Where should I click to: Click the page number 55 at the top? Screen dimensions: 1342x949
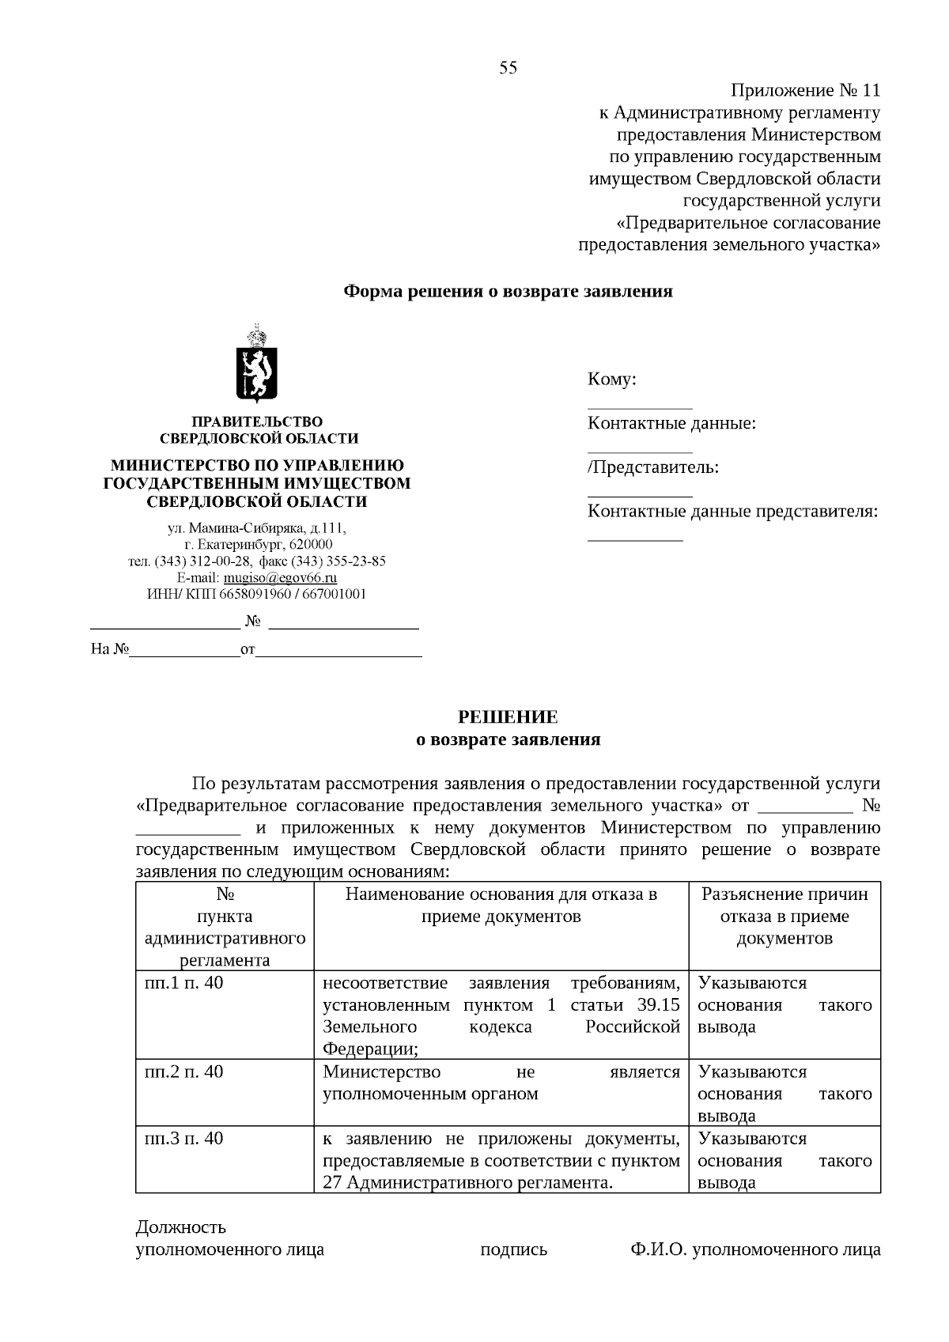508,68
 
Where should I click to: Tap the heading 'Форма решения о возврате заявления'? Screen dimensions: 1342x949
508,292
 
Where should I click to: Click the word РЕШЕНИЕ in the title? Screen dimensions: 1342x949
509,717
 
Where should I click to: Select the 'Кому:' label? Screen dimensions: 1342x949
612,380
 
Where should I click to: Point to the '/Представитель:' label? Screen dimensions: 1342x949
653,467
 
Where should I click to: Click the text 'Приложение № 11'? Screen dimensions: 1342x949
805,91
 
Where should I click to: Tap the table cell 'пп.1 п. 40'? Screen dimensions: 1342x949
184,983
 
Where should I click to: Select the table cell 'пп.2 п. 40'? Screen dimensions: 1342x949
184,1072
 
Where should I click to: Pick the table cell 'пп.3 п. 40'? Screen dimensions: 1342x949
184,1138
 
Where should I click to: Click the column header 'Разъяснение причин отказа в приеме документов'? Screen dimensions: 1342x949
785,917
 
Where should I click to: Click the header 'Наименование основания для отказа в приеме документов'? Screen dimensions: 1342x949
501,905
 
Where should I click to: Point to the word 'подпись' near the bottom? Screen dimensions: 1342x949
514,1250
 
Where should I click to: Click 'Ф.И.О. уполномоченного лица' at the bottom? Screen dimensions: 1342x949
755,1250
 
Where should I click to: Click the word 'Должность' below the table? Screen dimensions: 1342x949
181,1227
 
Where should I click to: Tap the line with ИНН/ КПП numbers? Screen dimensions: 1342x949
256,595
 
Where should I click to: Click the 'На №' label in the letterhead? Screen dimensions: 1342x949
110,650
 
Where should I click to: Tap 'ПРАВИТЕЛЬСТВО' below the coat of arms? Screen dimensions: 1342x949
258,422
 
